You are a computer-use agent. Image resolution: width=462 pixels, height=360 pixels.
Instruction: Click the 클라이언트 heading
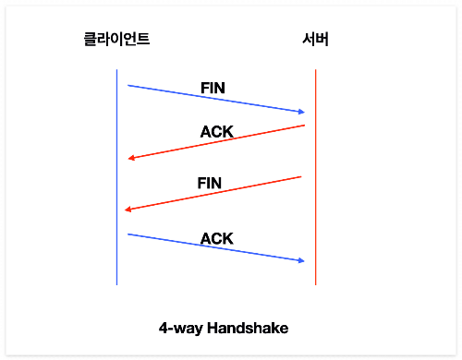click(x=116, y=40)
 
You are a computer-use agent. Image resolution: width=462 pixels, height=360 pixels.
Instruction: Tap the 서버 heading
click(x=315, y=40)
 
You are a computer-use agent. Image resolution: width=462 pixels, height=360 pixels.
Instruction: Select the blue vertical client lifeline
click(x=116, y=177)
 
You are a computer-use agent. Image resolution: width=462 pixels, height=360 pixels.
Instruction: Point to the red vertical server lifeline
click(x=315, y=177)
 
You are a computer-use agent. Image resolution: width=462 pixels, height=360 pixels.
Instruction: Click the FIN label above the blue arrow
click(x=213, y=88)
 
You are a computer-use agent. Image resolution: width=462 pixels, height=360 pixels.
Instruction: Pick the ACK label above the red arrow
click(x=217, y=132)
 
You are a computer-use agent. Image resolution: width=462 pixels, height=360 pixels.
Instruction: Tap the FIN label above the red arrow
click(x=210, y=183)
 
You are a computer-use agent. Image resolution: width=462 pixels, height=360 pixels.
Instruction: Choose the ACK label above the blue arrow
click(x=217, y=239)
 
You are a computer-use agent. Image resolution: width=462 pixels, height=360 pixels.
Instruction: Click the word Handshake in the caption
click(x=248, y=328)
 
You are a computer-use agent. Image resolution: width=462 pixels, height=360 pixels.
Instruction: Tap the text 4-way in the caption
click(x=181, y=329)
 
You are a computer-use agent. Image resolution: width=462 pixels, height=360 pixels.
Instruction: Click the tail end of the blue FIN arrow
click(x=128, y=85)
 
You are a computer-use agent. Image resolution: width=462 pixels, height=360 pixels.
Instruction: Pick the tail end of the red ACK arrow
click(x=305, y=126)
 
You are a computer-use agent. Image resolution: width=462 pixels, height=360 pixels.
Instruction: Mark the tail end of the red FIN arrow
click(x=301, y=176)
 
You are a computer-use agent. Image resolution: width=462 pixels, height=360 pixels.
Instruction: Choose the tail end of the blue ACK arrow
click(x=128, y=234)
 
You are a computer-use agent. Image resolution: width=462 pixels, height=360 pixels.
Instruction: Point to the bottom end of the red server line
click(x=315, y=285)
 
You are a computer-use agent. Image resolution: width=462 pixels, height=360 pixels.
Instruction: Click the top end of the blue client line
click(x=116, y=70)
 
